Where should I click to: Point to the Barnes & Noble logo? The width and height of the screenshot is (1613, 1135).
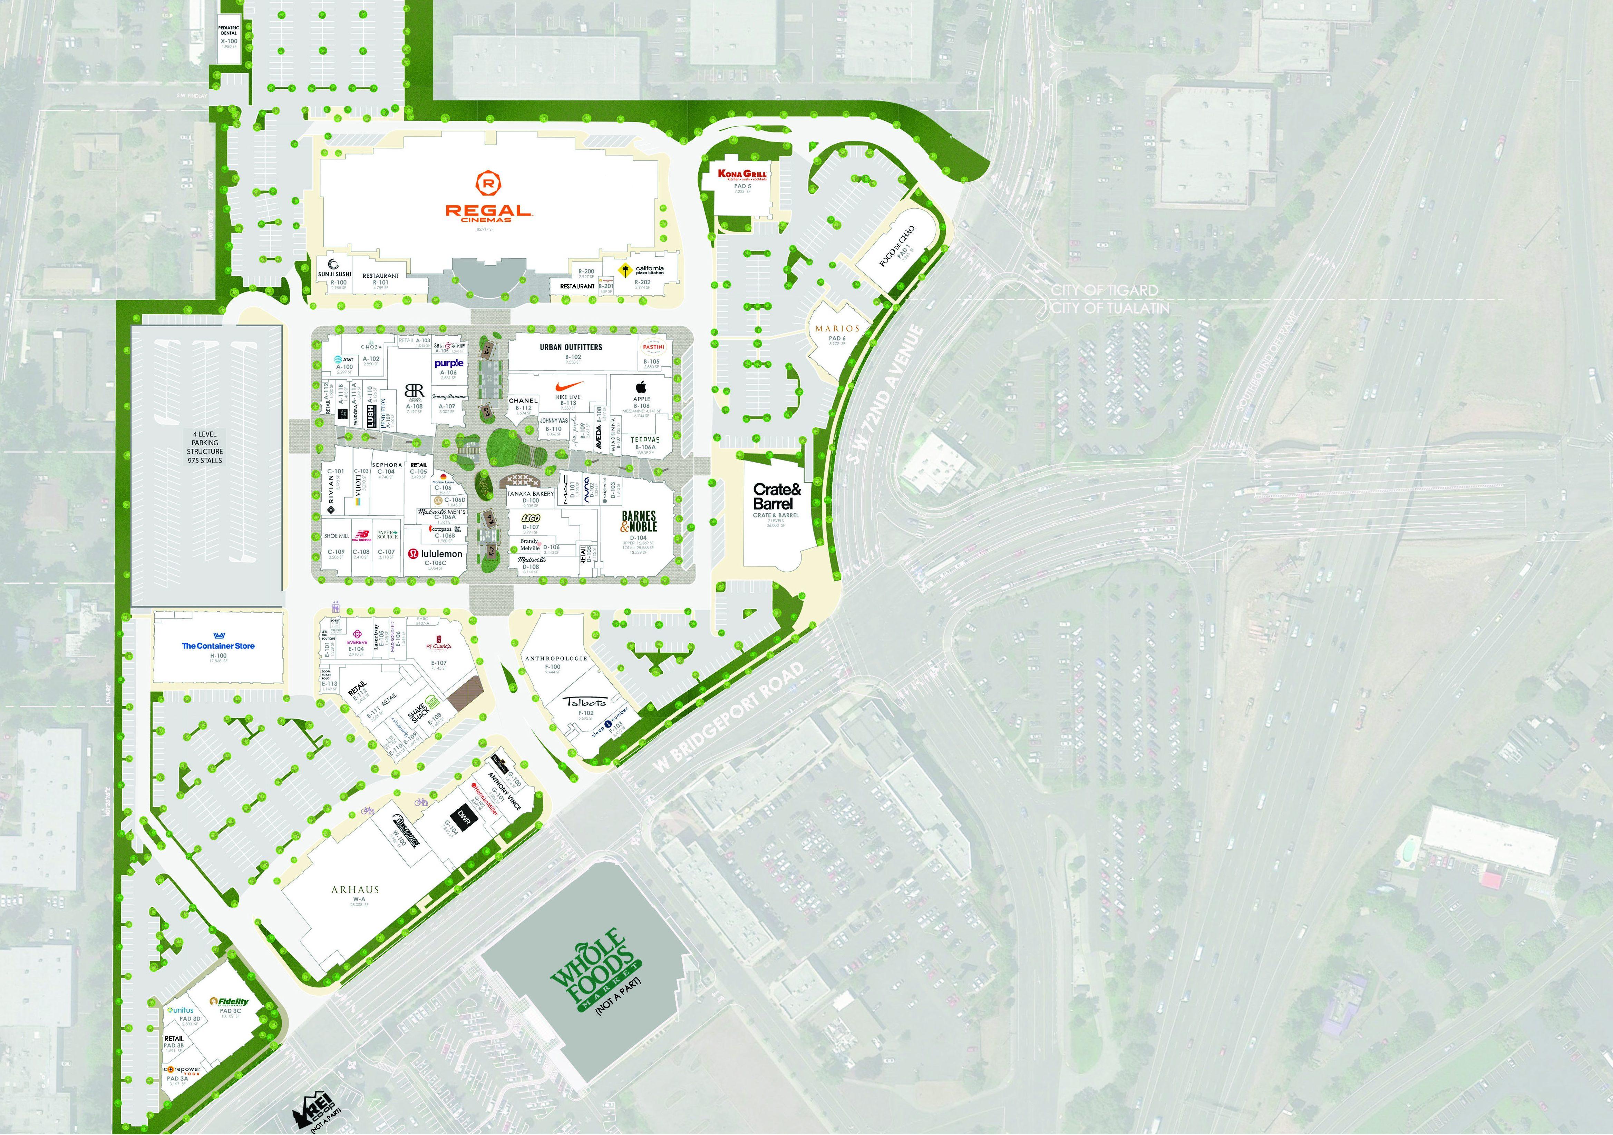click(x=639, y=521)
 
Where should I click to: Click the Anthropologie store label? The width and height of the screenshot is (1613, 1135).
click(x=556, y=658)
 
